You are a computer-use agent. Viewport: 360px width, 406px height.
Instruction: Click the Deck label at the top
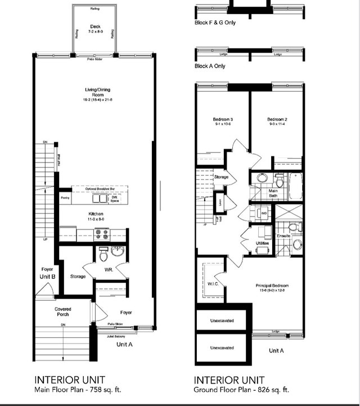click(95, 27)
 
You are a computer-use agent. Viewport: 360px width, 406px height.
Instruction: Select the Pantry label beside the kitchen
click(66, 199)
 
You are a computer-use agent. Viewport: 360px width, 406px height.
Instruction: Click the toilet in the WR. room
click(103, 255)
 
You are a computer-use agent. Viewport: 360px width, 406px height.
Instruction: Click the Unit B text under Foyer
click(46, 277)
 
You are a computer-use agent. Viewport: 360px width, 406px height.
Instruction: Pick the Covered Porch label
click(63, 312)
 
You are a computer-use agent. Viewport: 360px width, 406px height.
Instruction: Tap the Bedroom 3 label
click(223, 120)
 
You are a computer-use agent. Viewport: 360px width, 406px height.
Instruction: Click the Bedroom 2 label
click(277, 120)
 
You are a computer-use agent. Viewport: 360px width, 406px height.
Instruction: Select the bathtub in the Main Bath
click(295, 186)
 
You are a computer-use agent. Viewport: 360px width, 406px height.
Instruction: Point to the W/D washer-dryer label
click(264, 214)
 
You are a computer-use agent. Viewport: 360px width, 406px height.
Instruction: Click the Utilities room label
click(262, 243)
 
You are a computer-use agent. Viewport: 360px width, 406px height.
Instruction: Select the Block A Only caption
click(210, 66)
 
